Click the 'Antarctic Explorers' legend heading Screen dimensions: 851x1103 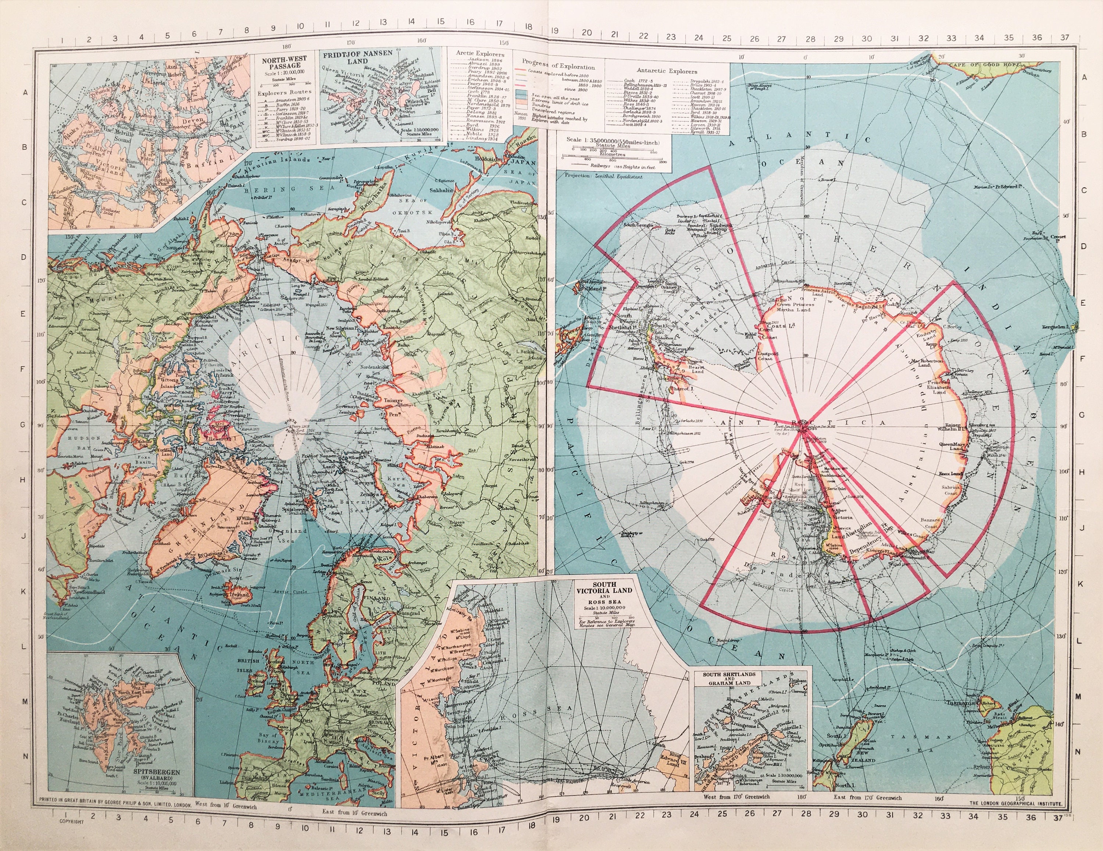[667, 71]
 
